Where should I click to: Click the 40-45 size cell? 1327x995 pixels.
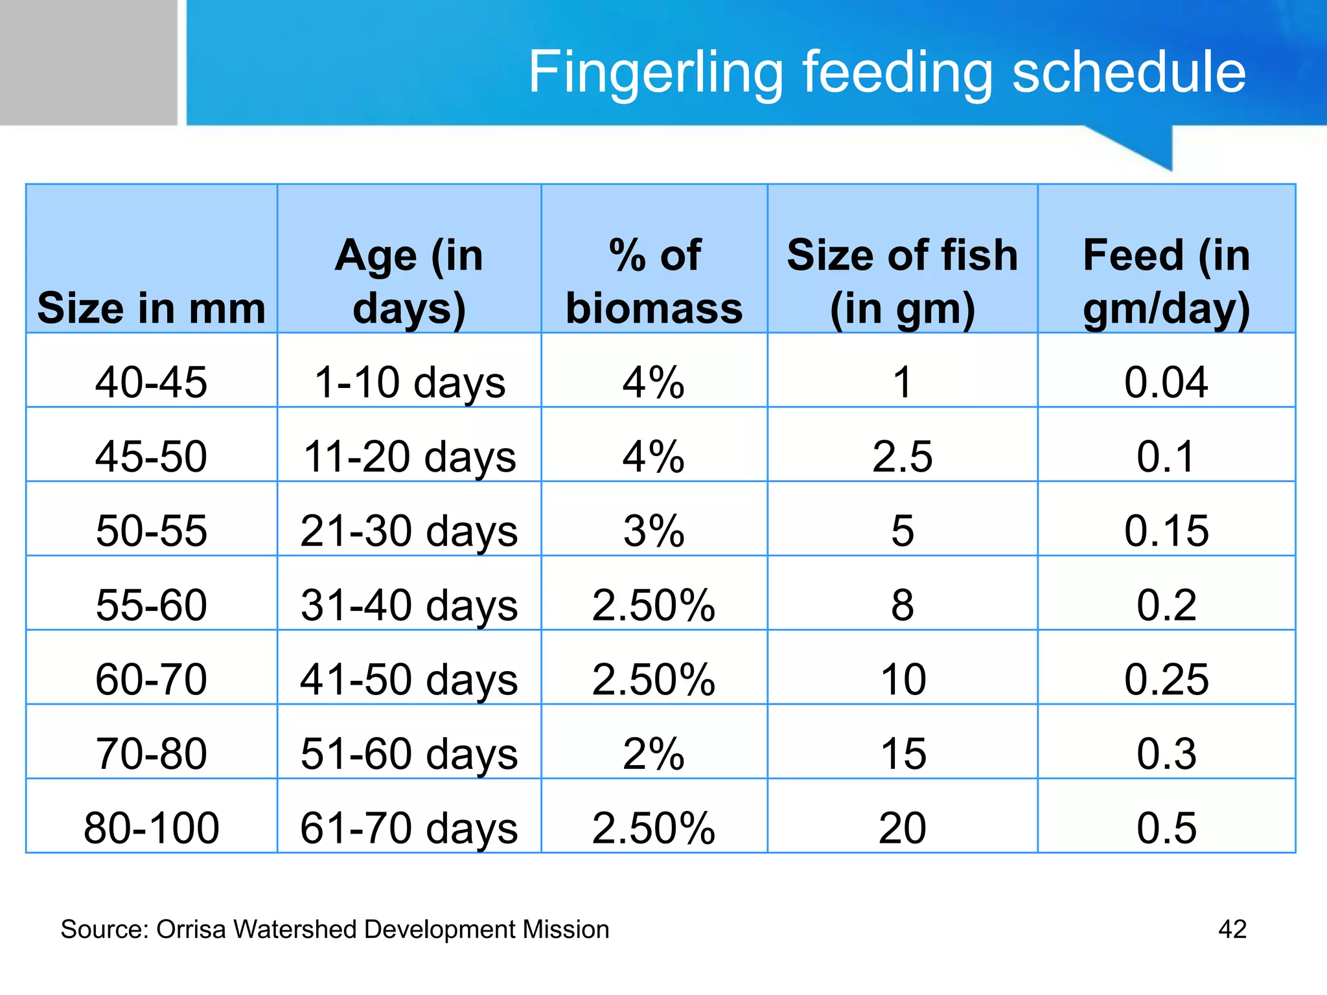[151, 382]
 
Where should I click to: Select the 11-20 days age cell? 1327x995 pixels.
[409, 457]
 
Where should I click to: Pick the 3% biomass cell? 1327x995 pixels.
[654, 531]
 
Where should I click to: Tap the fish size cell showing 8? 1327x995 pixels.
[902, 606]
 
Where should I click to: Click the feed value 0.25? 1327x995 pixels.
[1166, 680]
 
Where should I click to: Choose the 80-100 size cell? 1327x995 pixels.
[151, 828]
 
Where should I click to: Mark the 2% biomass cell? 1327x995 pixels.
[654, 754]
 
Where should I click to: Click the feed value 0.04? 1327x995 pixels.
[1166, 382]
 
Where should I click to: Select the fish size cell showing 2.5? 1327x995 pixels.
[902, 457]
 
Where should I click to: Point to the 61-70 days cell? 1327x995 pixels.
[409, 828]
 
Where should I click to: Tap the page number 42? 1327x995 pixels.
[1232, 930]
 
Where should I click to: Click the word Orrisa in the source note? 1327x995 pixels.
[191, 930]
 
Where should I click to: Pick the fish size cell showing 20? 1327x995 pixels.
[902, 828]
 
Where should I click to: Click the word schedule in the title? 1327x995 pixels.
[1128, 73]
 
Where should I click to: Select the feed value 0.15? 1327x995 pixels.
[1166, 531]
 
